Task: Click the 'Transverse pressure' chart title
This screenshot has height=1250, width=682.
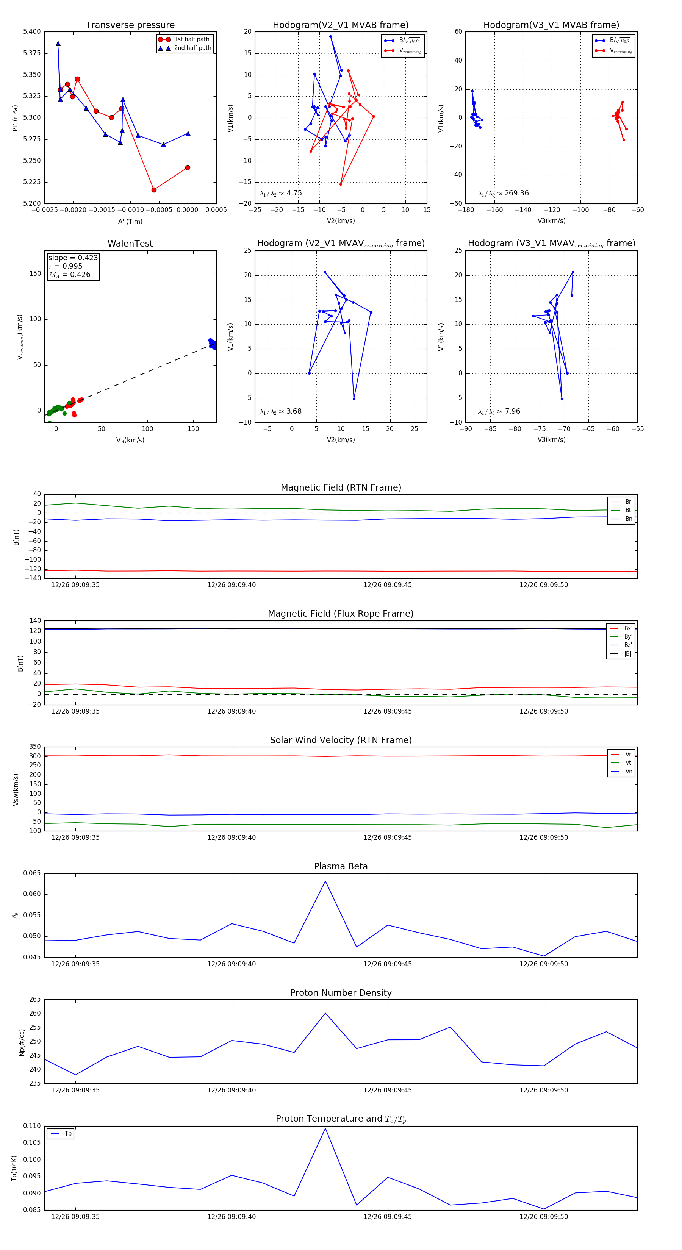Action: [x=130, y=25]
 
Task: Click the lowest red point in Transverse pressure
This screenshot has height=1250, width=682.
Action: [x=154, y=190]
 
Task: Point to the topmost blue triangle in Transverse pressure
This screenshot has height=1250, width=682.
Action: [x=58, y=44]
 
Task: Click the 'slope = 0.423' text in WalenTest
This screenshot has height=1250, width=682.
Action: [x=73, y=258]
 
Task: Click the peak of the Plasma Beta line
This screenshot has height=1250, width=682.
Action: [x=325, y=881]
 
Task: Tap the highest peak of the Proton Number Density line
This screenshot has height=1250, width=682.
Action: [x=325, y=1013]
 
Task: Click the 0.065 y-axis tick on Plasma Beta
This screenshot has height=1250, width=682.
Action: [x=32, y=873]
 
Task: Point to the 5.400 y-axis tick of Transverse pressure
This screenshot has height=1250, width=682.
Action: [x=32, y=31]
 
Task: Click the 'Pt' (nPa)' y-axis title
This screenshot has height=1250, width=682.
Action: [x=16, y=118]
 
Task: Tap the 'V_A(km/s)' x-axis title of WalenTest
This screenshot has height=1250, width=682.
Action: [x=130, y=440]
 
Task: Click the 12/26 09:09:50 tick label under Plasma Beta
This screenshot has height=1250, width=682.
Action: [x=543, y=964]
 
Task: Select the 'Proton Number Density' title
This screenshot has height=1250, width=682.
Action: [x=341, y=993]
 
